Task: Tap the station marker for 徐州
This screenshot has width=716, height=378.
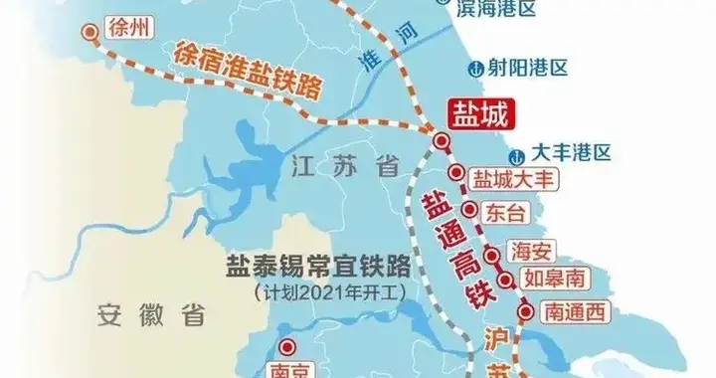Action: click(92, 31)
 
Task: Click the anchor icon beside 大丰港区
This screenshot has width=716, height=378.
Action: click(515, 153)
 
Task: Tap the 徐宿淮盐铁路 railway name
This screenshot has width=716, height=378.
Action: click(248, 72)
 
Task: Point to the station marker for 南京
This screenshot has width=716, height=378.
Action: click(286, 347)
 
